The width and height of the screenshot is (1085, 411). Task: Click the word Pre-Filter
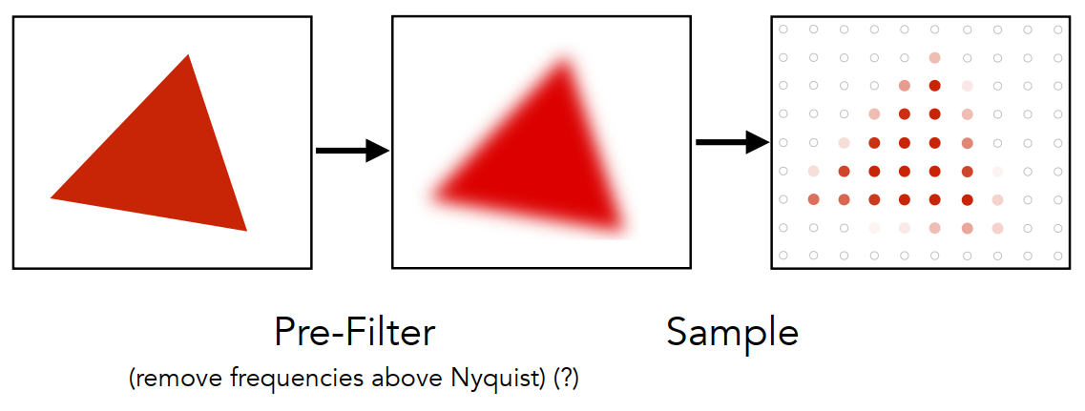pos(355,332)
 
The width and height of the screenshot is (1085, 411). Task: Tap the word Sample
pos(733,334)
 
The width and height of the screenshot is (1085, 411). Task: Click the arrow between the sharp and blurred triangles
pos(353,150)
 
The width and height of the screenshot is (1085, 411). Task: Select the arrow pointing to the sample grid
pos(733,142)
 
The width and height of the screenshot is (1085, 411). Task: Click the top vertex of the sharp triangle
pos(188,54)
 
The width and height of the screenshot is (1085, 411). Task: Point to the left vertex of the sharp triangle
pos(51,198)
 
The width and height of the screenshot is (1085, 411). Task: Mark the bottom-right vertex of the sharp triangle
pos(246,231)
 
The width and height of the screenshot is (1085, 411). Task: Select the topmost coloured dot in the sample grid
pos(935,57)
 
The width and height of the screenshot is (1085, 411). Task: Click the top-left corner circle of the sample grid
pos(783,29)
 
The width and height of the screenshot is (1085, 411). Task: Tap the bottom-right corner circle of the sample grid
pos(1058,256)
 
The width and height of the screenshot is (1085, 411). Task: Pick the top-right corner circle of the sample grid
pos(1058,29)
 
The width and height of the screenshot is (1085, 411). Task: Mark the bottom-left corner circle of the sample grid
pos(783,256)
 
